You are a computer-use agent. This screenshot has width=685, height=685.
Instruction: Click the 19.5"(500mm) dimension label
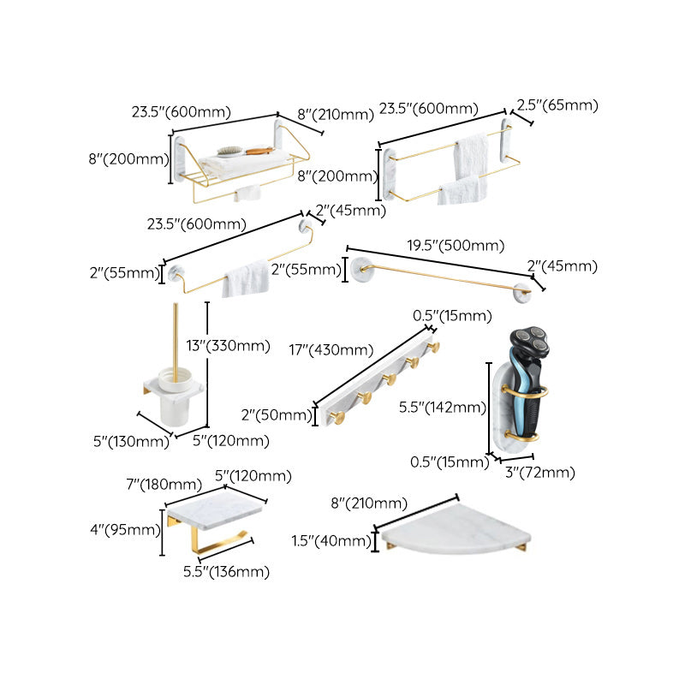tap(455, 246)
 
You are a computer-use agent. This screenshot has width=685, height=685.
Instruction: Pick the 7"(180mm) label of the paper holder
tap(151, 485)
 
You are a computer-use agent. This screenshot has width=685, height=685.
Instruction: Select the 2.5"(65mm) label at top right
tap(557, 106)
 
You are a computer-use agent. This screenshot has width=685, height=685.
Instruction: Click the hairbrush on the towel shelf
tap(231, 152)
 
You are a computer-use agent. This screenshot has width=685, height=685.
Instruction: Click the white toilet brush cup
tap(174, 397)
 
